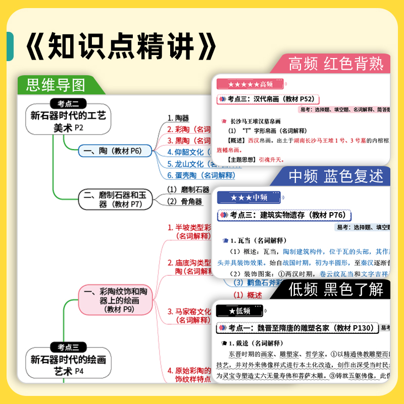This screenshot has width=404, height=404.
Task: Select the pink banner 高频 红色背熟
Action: point(335,64)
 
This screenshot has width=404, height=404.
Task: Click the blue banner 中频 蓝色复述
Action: point(335,176)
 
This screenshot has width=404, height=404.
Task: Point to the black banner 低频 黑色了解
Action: point(335,289)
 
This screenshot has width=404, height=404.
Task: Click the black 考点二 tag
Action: point(68,104)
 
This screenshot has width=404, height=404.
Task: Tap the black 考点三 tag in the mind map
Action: point(68,347)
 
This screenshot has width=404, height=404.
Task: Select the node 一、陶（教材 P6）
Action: point(115,150)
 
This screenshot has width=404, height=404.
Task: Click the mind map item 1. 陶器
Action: point(178,118)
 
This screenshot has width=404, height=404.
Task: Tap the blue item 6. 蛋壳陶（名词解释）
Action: point(201,175)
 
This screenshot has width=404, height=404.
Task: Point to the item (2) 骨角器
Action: point(184,201)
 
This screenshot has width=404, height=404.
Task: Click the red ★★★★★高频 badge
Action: point(250,84)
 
